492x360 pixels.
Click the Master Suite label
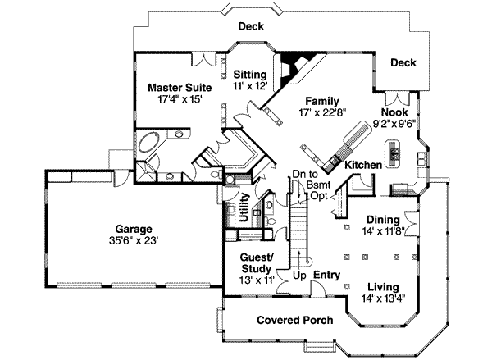(x=180, y=86)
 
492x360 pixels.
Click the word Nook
(x=394, y=112)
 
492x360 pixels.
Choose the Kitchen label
(x=362, y=165)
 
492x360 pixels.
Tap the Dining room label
(x=384, y=220)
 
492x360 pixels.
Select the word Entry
(x=326, y=275)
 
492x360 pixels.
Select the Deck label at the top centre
(x=251, y=26)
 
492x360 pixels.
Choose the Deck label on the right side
(x=403, y=62)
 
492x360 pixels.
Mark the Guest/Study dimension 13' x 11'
(x=256, y=280)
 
